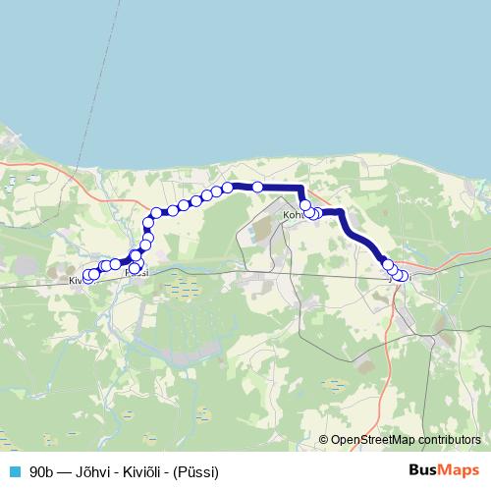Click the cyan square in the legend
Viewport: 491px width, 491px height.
14,470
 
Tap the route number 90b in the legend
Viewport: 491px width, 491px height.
41,470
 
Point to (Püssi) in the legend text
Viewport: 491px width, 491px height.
195,470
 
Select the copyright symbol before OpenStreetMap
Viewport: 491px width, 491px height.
323,440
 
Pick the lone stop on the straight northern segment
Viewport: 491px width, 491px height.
257,187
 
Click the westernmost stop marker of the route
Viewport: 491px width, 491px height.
87,277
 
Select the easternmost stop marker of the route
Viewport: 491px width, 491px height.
403,276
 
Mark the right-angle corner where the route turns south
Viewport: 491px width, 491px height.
300,188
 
